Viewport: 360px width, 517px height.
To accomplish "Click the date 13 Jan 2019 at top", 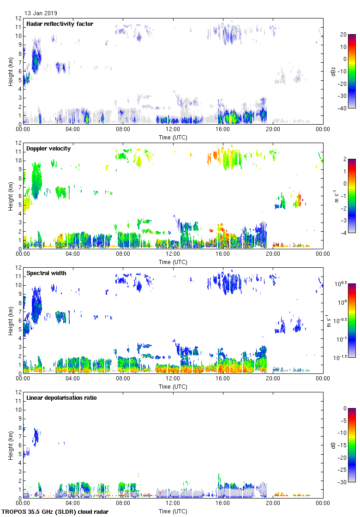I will (x=41, y=13).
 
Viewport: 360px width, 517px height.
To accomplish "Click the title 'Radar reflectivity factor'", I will (x=60, y=24).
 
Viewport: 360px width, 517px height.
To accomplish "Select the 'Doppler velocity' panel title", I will (x=48, y=149).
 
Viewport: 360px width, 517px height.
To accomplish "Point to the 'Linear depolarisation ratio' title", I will (x=61, y=398).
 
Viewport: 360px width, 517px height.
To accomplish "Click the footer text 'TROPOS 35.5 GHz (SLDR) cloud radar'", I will (x=55, y=512).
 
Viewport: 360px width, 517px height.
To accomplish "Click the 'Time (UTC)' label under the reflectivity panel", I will (x=173, y=138).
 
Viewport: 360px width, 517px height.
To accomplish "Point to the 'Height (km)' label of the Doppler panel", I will (x=10, y=195).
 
